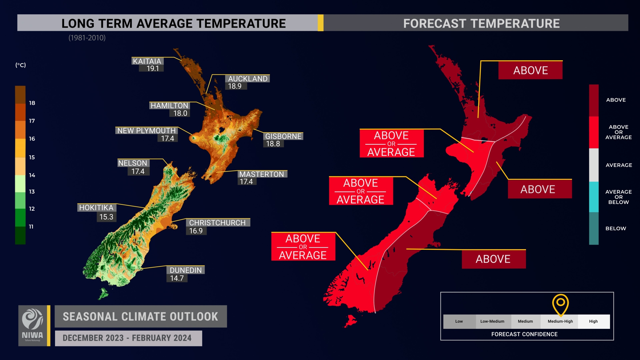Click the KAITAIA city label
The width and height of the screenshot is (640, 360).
(x=147, y=61)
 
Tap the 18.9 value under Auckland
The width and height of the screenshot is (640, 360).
(x=235, y=86)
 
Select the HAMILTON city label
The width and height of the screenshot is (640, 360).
(x=169, y=106)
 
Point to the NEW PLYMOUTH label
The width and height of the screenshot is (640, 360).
(x=146, y=130)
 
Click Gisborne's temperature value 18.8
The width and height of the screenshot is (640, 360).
(x=273, y=144)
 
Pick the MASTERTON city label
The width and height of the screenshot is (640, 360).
(x=262, y=174)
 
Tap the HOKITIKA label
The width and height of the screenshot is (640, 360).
(x=96, y=208)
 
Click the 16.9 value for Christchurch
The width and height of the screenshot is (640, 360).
(x=196, y=231)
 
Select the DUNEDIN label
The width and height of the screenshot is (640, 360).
(x=186, y=270)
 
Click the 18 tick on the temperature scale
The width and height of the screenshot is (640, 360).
(x=32, y=103)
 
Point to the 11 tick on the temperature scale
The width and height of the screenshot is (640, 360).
(x=31, y=226)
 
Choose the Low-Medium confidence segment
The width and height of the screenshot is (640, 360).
(x=492, y=321)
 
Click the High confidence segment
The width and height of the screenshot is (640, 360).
(x=593, y=321)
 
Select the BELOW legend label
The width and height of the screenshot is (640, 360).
(x=616, y=228)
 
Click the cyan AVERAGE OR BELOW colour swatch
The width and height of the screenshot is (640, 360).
(x=594, y=197)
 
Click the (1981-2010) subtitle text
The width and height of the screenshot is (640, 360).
(x=87, y=38)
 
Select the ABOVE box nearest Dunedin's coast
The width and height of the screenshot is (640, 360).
(x=493, y=259)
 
